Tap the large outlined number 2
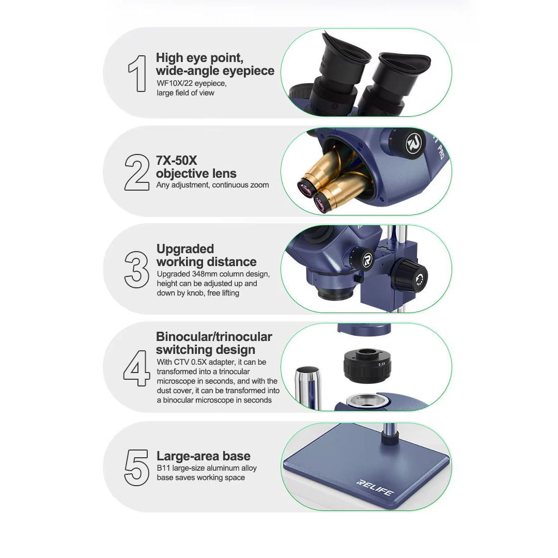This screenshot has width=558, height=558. pos(137,172)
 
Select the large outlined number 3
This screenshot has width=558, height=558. pos(136,270)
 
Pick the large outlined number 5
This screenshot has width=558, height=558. pos(137,466)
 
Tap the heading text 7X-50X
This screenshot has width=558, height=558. pos(177,161)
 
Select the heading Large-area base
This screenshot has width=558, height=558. pos(204,456)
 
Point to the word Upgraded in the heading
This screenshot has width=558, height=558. pos(185,249)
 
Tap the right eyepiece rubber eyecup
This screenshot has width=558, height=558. pos(402,66)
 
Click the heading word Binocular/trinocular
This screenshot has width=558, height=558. pos(214,337)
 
